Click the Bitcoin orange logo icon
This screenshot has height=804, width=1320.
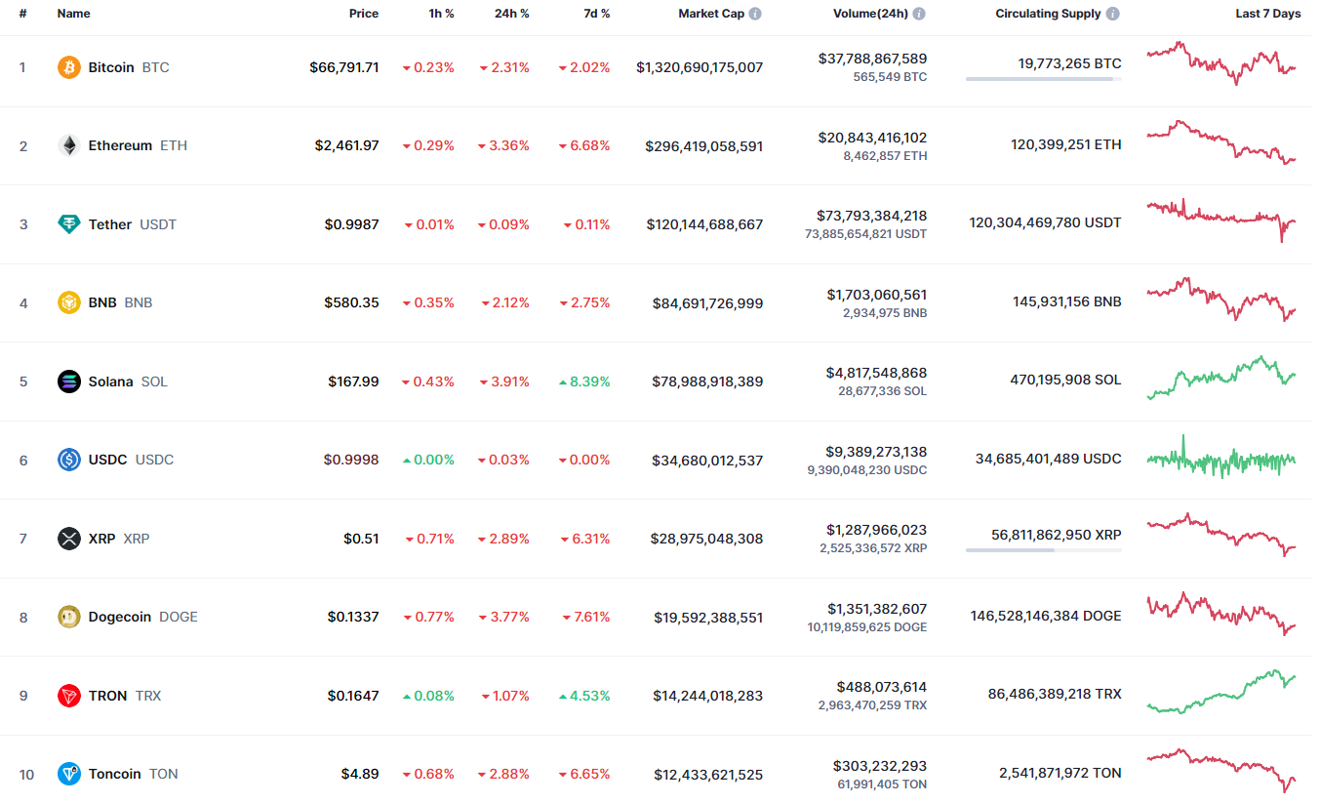(68, 67)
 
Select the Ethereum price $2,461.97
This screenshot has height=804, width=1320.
(346, 145)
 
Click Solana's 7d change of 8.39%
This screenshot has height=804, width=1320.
(584, 382)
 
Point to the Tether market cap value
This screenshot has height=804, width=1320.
(704, 224)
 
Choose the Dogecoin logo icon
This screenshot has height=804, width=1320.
(68, 617)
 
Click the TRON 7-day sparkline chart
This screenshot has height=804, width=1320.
(1221, 691)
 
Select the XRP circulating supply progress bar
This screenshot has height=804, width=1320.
(1043, 550)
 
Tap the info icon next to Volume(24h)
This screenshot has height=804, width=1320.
(919, 15)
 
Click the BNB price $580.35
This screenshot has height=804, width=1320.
(351, 302)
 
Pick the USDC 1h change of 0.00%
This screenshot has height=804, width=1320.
(428, 460)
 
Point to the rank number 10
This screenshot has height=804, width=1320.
(26, 775)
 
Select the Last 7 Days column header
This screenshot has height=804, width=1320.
(1267, 14)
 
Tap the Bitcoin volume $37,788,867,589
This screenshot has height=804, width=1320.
(872, 59)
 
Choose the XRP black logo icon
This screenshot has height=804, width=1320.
(68, 539)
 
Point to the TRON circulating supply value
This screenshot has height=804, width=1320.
(1055, 694)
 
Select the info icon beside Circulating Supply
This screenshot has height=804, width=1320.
(1113, 15)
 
